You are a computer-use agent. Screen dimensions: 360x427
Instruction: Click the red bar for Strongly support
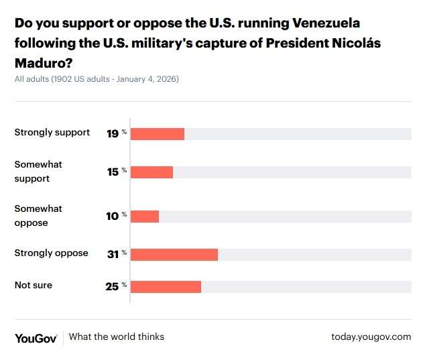(x=158, y=133)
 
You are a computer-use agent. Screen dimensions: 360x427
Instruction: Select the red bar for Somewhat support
(x=151, y=172)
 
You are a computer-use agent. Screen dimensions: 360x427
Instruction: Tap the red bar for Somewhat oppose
(x=145, y=216)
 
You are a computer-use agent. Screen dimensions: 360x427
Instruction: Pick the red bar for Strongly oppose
(x=174, y=254)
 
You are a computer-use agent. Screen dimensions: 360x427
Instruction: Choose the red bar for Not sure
(x=166, y=287)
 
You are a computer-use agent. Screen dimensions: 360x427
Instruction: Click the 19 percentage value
(x=113, y=133)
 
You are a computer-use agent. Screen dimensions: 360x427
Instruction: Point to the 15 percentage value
(x=113, y=172)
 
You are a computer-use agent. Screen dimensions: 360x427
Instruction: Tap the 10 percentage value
(x=113, y=216)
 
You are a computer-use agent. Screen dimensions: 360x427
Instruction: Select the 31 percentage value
(x=113, y=254)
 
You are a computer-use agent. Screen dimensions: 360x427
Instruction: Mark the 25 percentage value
(x=112, y=287)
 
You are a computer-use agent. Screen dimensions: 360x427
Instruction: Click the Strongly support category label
(x=52, y=132)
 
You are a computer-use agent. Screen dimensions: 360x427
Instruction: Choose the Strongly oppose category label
(x=52, y=253)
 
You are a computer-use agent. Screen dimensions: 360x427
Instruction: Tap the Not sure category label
(x=34, y=285)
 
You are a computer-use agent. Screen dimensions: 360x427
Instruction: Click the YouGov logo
(x=36, y=337)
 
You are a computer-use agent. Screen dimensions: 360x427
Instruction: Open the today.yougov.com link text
(x=371, y=337)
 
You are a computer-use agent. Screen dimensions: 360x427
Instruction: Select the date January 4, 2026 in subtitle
(x=147, y=79)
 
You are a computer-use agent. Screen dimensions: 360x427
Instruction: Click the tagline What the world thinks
(x=117, y=337)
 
